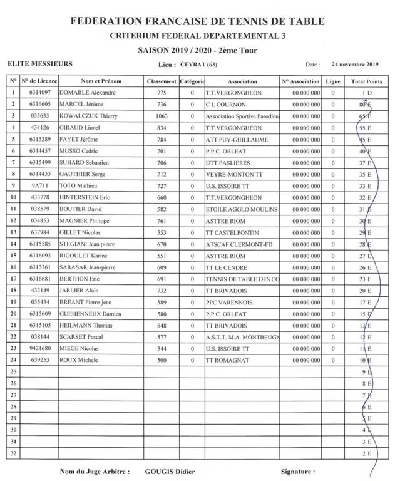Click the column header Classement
pyautogui.click(x=162, y=81)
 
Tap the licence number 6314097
pyautogui.click(x=39, y=93)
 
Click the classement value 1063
pyautogui.click(x=162, y=116)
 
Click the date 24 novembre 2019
pyautogui.click(x=355, y=64)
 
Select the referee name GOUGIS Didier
pyautogui.click(x=170, y=472)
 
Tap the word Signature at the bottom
pyautogui.click(x=297, y=472)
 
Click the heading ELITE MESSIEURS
pyautogui.click(x=39, y=64)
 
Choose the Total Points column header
pyautogui.click(x=366, y=81)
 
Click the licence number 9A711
pyautogui.click(x=39, y=186)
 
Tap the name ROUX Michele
pyautogui.click(x=78, y=360)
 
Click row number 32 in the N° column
pyautogui.click(x=13, y=453)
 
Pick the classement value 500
pyautogui.click(x=162, y=360)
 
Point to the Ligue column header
pyautogui.click(x=332, y=81)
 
